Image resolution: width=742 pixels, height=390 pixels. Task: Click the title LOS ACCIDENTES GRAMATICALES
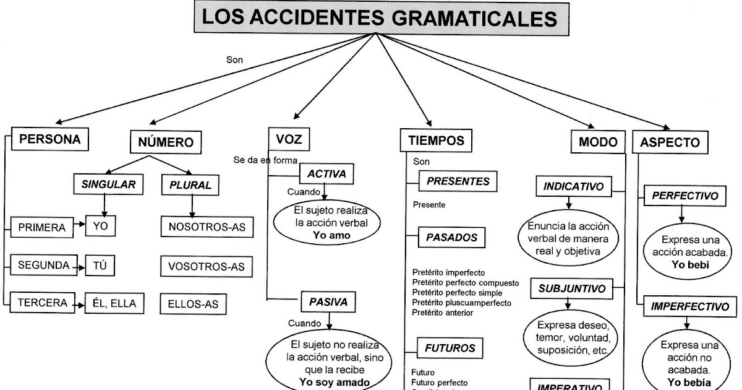point(380,18)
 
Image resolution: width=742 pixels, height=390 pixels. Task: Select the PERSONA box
point(50,139)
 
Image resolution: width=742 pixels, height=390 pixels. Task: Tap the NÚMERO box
point(166,142)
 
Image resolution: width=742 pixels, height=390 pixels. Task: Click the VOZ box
point(289,140)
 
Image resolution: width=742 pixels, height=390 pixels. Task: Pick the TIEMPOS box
point(436,141)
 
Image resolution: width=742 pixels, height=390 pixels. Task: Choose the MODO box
point(597,142)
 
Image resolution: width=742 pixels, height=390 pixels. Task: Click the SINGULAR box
point(108,184)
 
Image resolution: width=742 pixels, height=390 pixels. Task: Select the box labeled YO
point(100,227)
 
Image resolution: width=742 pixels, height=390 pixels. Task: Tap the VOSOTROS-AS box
point(207,267)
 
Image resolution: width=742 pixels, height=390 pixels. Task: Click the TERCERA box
point(42,303)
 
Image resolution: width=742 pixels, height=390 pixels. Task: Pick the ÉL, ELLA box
point(114,303)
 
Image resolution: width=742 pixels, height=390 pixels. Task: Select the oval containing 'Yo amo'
point(328,223)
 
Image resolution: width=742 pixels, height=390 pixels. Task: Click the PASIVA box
point(328,302)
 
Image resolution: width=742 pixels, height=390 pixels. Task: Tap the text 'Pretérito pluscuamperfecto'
point(461,303)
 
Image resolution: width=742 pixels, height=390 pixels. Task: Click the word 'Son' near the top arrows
point(235,60)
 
